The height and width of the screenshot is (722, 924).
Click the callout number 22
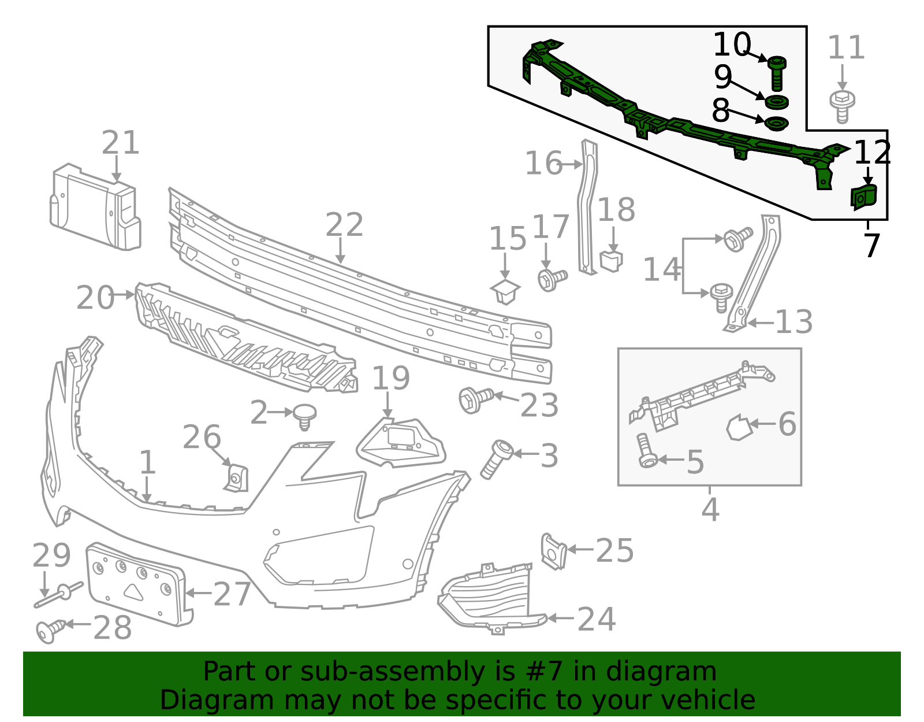coord(344,225)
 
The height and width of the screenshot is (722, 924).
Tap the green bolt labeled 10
coord(777,73)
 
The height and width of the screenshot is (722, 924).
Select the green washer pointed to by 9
coord(777,103)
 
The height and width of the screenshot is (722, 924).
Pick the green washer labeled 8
coord(776,124)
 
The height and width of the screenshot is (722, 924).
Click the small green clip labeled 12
coord(863,197)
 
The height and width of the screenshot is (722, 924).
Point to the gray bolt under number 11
coord(843,106)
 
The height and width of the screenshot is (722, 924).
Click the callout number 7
coord(871,246)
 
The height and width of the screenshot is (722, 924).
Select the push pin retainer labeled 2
coord(304,415)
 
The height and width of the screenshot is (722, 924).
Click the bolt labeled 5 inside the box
coord(645,451)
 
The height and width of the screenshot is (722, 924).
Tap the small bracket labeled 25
coord(553,551)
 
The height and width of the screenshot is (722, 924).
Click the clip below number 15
coord(505,291)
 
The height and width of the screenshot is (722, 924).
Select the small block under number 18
coord(612,260)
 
